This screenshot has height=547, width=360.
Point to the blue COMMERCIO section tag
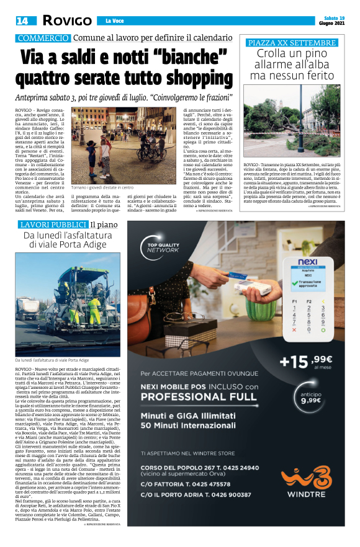pos(43,38)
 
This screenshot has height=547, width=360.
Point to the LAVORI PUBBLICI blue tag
pos(52,224)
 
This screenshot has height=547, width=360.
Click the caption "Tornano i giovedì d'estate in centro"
pos(102,187)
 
